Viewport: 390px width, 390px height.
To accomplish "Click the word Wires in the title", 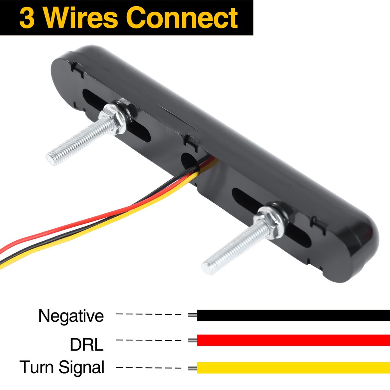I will pyautogui.click(x=82, y=18).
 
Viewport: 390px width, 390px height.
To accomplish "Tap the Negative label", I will pyautogui.click(x=71, y=316).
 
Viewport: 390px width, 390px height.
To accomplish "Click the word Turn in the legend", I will pyautogui.click(x=37, y=367).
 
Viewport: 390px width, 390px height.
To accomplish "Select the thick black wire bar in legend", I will pyautogui.click(x=292, y=315).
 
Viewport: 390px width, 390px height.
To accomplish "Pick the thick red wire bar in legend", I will pyautogui.click(x=292, y=340).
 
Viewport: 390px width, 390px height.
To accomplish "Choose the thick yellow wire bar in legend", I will pyautogui.click(x=292, y=367).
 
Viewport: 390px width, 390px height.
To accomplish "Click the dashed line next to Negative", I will pyautogui.click(x=149, y=314).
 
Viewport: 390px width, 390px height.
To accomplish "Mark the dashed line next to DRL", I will pyautogui.click(x=149, y=340).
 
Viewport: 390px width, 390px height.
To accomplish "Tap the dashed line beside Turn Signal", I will pyautogui.click(x=149, y=367).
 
